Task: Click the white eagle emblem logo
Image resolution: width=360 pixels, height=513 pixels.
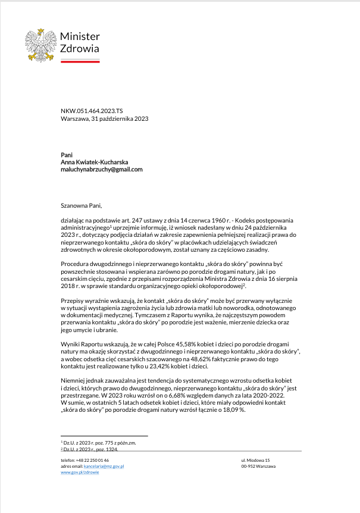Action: pyautogui.click(x=40, y=46)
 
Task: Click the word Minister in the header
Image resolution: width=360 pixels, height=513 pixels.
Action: pyautogui.click(x=80, y=37)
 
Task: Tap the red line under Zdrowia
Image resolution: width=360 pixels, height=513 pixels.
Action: pyautogui.click(x=80, y=61)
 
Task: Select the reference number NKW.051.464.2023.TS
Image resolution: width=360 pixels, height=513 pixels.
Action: pyautogui.click(x=92, y=111)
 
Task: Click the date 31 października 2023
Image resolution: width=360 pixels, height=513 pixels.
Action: pyautogui.click(x=119, y=118)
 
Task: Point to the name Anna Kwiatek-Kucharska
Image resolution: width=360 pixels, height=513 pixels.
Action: pyautogui.click(x=94, y=162)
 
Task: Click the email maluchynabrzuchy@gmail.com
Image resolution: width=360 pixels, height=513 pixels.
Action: pyautogui.click(x=101, y=169)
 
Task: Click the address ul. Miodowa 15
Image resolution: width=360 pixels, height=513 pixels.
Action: pyautogui.click(x=255, y=461)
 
